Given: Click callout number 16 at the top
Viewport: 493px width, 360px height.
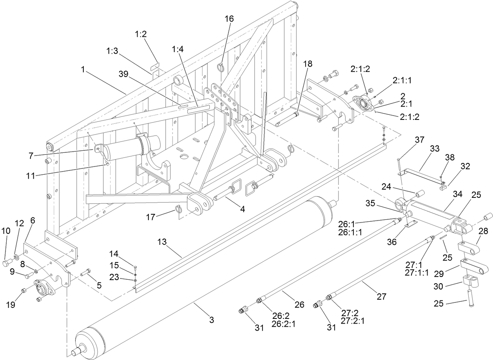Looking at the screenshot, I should click(x=229, y=19).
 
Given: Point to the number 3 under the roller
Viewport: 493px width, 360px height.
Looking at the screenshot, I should click(x=211, y=320).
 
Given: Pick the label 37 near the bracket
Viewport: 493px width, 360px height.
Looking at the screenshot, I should click(x=420, y=140).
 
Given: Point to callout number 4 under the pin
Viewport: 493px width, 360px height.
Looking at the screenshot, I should click(x=243, y=210).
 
